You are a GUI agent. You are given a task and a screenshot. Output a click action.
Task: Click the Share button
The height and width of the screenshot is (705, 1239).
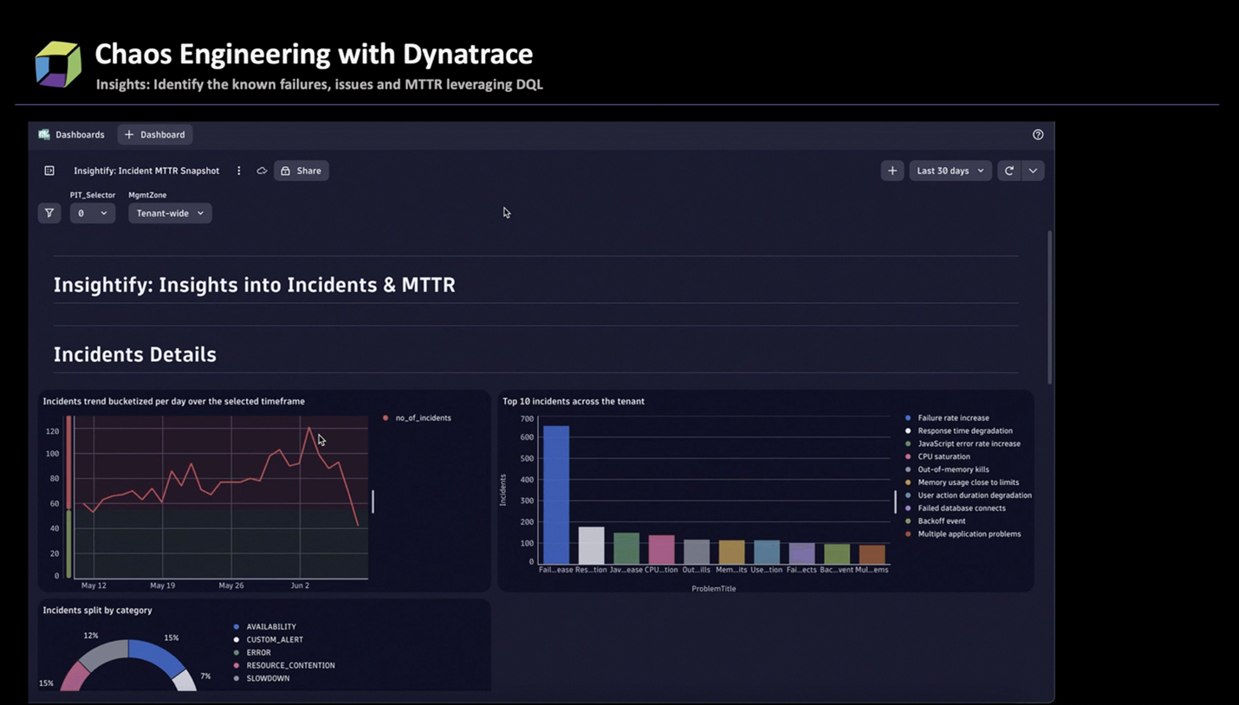coord(301,171)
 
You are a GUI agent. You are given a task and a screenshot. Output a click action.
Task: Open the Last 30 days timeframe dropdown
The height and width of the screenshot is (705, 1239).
coord(950,171)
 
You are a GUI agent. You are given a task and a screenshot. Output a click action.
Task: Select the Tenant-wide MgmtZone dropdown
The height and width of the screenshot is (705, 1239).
coord(170,213)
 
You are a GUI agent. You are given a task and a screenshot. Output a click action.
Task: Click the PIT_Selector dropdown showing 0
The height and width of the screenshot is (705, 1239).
coord(92,213)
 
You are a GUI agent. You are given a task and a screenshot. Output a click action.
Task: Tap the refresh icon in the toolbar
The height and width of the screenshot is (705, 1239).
coord(1009,171)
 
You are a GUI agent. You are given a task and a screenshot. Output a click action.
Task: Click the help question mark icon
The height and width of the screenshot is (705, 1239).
coord(1038,134)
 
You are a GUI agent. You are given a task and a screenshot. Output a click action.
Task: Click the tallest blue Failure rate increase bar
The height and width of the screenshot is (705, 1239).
coord(555,495)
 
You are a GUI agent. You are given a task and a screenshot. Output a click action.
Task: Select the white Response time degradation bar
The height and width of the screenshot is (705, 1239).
coord(591,546)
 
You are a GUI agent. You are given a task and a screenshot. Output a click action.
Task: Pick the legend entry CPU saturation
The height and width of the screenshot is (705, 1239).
coord(944,456)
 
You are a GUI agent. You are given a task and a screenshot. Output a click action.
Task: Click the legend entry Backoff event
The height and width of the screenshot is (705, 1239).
coord(941,521)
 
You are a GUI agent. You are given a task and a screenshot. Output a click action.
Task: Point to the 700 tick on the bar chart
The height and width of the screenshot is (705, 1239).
coord(527,418)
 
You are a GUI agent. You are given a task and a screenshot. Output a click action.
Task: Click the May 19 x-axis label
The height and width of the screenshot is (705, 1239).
coord(162,585)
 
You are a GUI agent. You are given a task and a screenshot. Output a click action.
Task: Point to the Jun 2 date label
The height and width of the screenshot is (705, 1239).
coord(300,585)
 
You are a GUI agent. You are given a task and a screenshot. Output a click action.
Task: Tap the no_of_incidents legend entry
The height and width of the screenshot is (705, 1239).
coord(423,418)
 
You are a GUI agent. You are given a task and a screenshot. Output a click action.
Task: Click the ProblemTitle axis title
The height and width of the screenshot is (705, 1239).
coord(713,589)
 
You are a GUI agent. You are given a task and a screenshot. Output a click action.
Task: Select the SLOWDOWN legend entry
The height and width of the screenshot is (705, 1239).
coord(268,678)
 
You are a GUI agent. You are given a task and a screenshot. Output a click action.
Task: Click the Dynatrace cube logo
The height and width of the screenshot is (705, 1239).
coord(58,63)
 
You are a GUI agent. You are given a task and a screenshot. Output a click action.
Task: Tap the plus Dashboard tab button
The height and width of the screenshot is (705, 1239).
coord(155,134)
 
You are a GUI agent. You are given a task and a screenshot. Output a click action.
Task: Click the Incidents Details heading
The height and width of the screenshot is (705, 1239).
coord(135,354)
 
